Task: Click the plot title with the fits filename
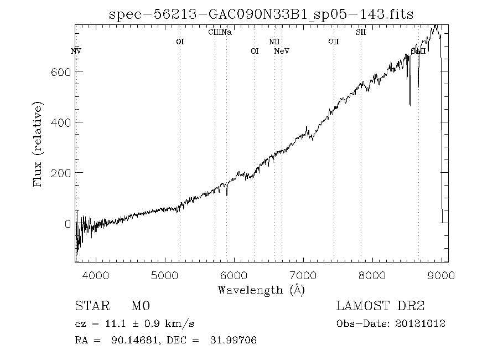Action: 261,14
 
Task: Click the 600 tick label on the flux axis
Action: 61,71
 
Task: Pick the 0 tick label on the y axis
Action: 68,224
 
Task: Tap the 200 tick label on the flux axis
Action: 61,173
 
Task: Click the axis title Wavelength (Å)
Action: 261,290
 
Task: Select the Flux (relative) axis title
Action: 38,143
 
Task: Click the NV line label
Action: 76,51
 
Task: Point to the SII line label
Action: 361,32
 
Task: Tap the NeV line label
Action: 282,51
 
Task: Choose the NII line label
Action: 274,42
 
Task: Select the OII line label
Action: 333,42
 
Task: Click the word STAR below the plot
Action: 89,306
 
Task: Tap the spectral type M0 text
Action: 141,306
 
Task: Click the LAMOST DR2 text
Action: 380,306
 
